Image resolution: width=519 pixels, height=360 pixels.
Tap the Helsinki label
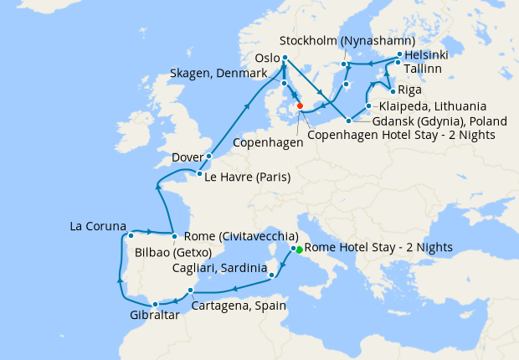(x=426, y=54)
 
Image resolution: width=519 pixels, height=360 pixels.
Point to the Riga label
(x=410, y=90)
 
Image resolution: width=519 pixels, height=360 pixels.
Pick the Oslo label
(x=266, y=58)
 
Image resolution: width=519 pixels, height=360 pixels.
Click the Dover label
(x=187, y=157)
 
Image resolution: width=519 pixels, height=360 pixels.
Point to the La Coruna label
(x=98, y=226)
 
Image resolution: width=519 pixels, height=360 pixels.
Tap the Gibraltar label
(x=155, y=316)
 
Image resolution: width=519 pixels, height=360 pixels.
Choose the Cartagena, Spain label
(x=239, y=306)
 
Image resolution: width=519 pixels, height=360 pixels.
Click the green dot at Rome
(x=300, y=249)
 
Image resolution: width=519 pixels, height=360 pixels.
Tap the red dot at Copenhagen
(x=300, y=106)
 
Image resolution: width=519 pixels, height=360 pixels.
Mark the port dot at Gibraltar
(x=155, y=304)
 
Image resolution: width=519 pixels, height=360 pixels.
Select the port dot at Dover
(x=208, y=157)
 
